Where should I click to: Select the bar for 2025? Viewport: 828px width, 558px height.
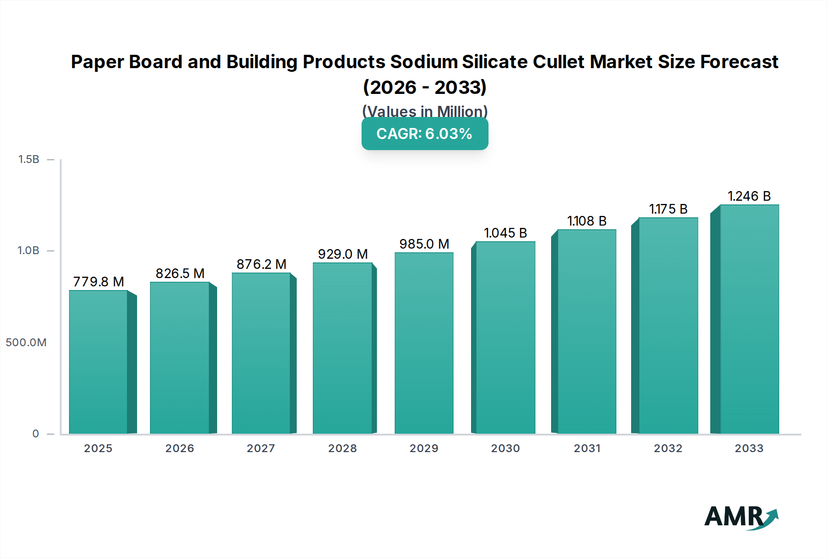point(98,362)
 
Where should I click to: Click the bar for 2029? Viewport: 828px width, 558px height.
point(424,343)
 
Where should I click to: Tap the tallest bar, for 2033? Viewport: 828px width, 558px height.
point(749,319)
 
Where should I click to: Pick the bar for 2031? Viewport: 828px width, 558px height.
point(586,331)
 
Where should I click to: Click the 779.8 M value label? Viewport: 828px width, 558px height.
point(98,282)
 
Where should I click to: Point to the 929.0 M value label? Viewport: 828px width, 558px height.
point(343,254)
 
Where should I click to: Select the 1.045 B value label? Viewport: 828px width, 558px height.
point(505,233)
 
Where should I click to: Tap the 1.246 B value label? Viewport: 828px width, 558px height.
point(749,196)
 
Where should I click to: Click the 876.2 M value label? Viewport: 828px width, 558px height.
point(261,264)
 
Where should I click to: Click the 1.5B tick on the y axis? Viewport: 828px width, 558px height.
point(29,159)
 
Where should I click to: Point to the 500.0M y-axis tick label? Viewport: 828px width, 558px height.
point(26,343)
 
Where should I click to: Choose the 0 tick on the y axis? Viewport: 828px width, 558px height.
point(35,434)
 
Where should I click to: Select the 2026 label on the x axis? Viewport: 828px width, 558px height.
point(179,448)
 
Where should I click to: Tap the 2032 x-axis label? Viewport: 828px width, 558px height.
point(668,448)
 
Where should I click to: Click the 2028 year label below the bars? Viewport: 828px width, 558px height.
point(342,448)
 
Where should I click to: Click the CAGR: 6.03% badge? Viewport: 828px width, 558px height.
point(425,134)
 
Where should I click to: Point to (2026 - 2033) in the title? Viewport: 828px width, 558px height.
point(425,87)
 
